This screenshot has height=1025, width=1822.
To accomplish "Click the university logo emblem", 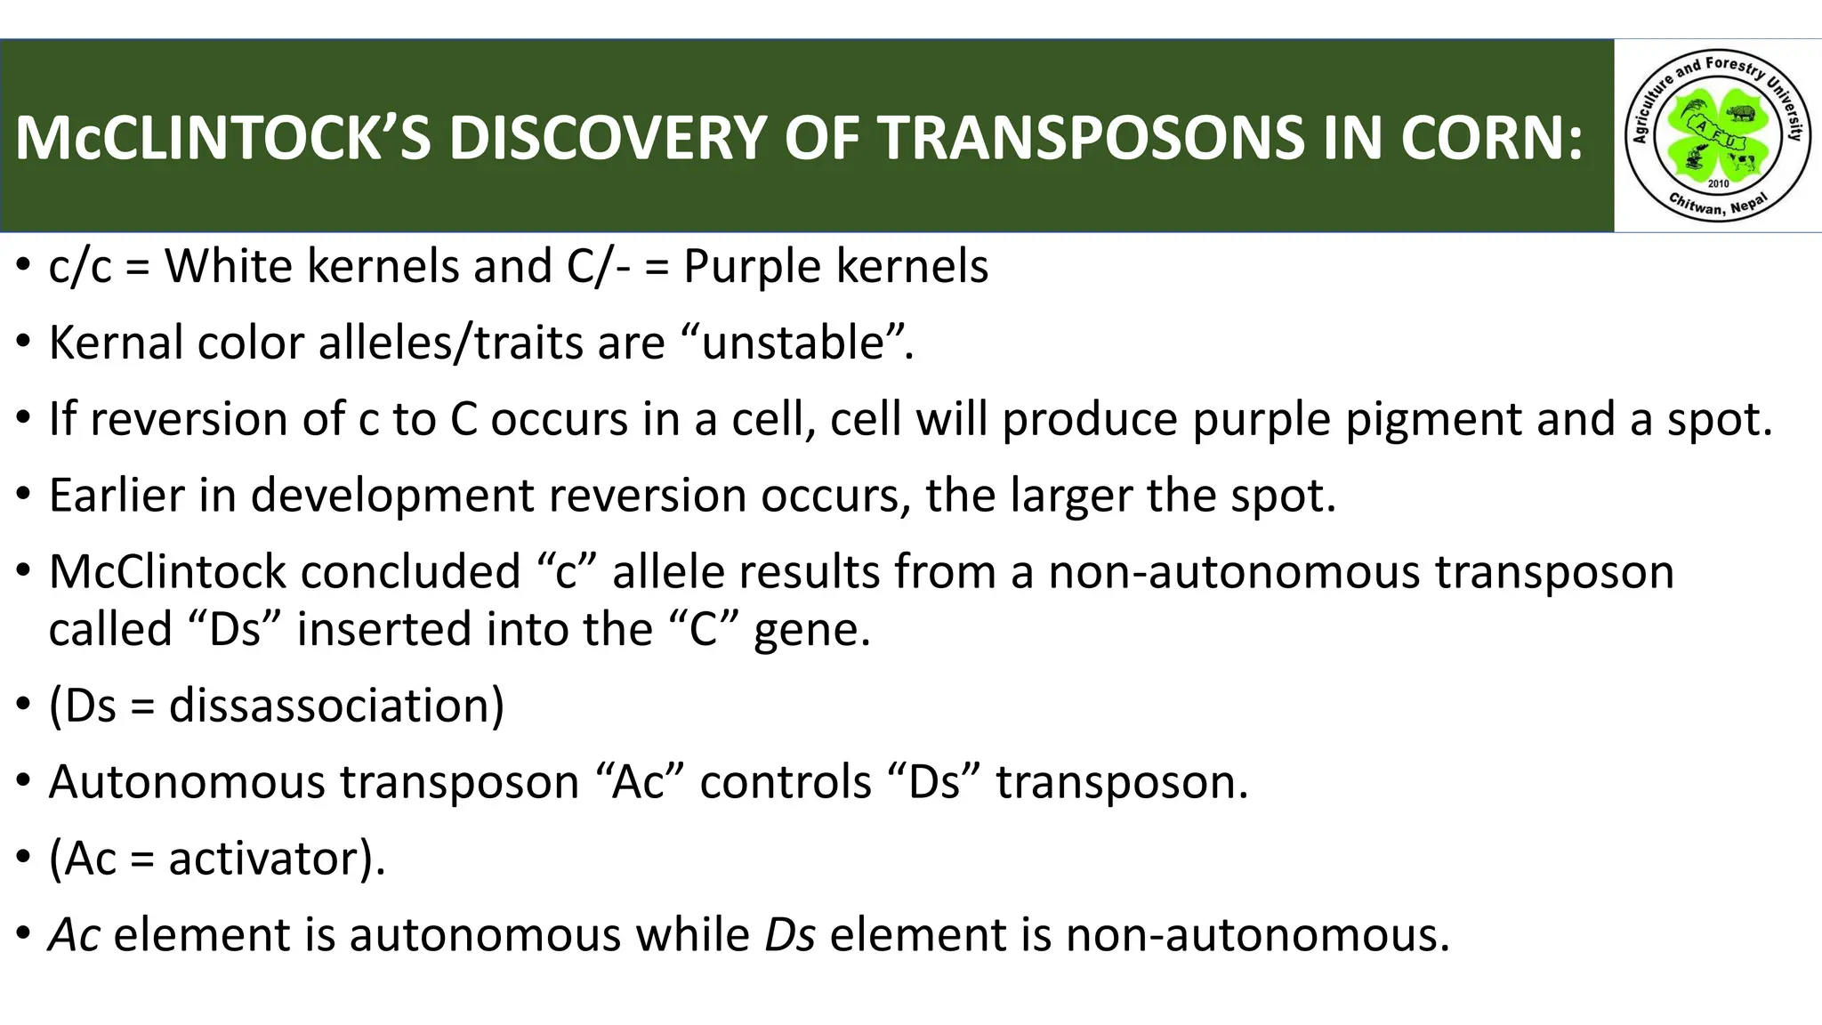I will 1717,135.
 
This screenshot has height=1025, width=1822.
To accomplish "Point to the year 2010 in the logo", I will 1718,183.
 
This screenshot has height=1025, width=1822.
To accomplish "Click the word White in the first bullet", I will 229,266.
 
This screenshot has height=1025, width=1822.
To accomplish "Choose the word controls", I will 786,782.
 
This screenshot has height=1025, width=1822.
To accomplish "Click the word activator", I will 265,859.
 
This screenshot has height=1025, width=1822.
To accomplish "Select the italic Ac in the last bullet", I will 74,935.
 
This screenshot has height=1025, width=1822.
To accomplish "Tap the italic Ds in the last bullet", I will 790,935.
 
